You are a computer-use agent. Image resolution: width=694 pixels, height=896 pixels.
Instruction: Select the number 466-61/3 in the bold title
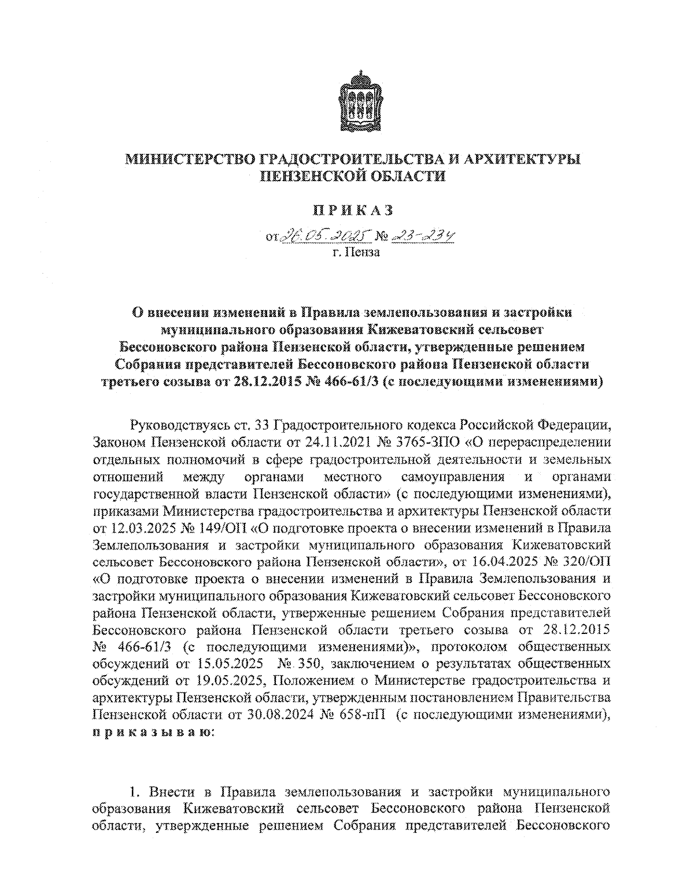(345, 382)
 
